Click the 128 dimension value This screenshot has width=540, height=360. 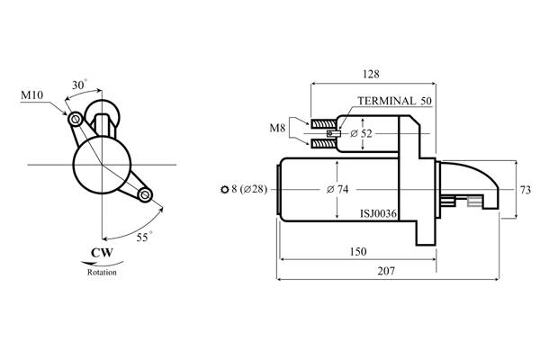pyautogui.click(x=371, y=74)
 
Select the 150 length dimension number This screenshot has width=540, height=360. pyautogui.click(x=358, y=251)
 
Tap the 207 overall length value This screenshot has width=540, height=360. pyautogui.click(x=386, y=271)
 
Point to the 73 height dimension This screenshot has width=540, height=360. pyautogui.click(x=526, y=190)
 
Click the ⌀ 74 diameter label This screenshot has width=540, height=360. pyautogui.click(x=337, y=189)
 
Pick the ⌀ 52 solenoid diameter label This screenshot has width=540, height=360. pyautogui.click(x=361, y=133)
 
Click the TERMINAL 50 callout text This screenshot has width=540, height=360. pyautogui.click(x=394, y=101)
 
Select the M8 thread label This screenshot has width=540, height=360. pyautogui.click(x=277, y=128)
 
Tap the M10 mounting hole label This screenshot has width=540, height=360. pyautogui.click(x=32, y=95)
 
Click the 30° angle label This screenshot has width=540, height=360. pyautogui.click(x=79, y=85)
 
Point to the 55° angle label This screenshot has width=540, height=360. pyautogui.click(x=144, y=237)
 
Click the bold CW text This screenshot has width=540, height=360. pyautogui.click(x=102, y=253)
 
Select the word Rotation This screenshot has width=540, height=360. pyautogui.click(x=102, y=272)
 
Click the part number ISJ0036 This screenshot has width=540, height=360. pyautogui.click(x=378, y=214)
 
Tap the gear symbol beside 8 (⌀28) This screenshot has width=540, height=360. pyautogui.click(x=224, y=190)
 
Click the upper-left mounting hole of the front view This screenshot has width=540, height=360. pyautogui.click(x=75, y=120)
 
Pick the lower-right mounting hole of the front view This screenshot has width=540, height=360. pyautogui.click(x=145, y=195)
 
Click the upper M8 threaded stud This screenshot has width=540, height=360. pyautogui.click(x=324, y=123)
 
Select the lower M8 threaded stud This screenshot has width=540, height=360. pyautogui.click(x=324, y=143)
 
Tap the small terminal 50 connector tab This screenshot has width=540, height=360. pyautogui.click(x=333, y=133)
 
